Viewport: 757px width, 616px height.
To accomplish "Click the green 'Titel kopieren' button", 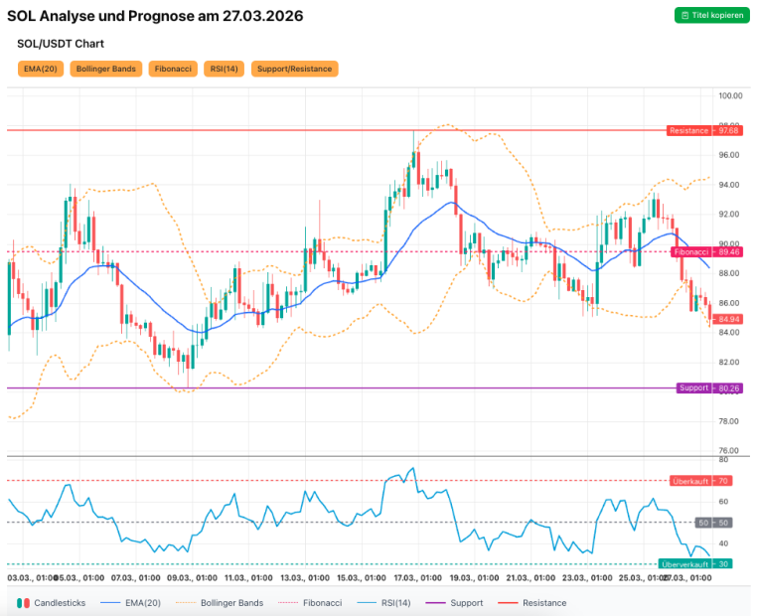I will pyautogui.click(x=711, y=15).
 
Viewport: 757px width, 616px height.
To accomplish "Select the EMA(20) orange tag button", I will pyautogui.click(x=40, y=69).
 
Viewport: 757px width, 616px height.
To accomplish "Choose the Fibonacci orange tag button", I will pyautogui.click(x=174, y=69).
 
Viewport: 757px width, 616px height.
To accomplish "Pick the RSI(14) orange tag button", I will pyautogui.click(x=224, y=69).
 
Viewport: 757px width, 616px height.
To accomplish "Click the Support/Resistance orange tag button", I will pyautogui.click(x=294, y=69).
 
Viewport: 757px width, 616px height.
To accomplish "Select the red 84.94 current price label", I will pyautogui.click(x=730, y=319).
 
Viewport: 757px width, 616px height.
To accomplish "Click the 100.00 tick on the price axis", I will pyautogui.click(x=731, y=95).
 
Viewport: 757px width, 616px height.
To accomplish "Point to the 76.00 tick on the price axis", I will pyautogui.click(x=730, y=450).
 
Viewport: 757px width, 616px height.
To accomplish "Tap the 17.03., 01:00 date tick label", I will pyautogui.click(x=417, y=577).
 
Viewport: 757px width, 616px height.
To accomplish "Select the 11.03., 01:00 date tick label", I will pyautogui.click(x=248, y=577).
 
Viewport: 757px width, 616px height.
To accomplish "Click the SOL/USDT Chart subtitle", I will pyautogui.click(x=61, y=44).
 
